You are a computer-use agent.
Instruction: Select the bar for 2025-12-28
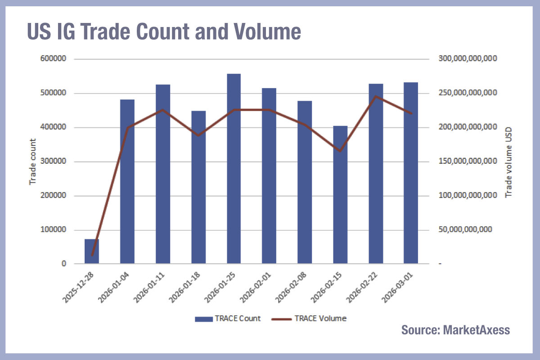92,252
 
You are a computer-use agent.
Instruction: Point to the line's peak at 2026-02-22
376,96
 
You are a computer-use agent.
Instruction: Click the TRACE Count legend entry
228,319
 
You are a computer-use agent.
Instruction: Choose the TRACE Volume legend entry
309,319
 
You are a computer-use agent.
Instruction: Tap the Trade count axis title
32,162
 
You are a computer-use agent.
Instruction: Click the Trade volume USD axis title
509,162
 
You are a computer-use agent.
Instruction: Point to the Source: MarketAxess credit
455,330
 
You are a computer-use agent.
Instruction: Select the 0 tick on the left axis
64,264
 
